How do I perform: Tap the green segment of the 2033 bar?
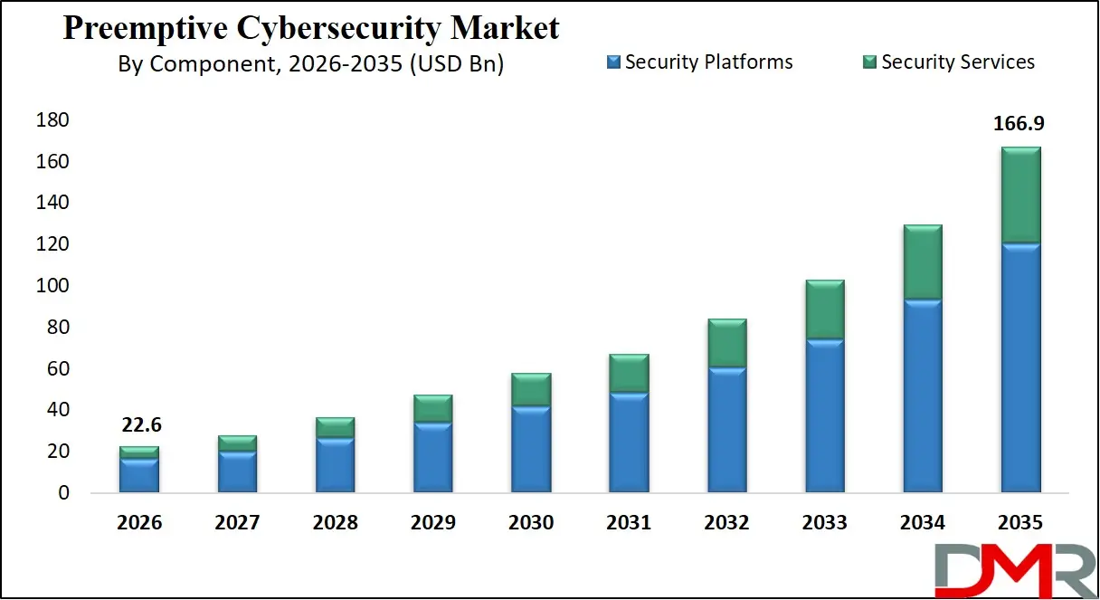(824, 310)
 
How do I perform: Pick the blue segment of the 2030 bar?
(531, 448)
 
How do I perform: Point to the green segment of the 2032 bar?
(726, 343)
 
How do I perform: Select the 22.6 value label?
(139, 425)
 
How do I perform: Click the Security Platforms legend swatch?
(614, 62)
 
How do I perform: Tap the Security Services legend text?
(958, 62)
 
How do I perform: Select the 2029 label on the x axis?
(433, 523)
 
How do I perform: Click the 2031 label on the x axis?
(629, 523)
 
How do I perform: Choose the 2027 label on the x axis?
(237, 523)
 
